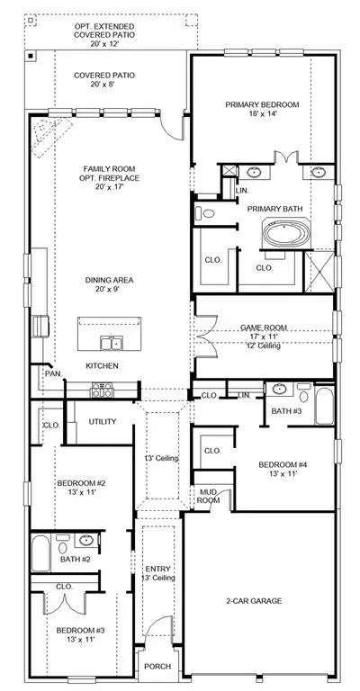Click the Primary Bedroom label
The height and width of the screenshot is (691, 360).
click(x=262, y=105)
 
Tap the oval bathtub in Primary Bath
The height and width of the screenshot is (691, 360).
click(x=286, y=233)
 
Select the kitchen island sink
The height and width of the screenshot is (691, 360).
click(x=112, y=343)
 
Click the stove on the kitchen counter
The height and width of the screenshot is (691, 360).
click(x=102, y=390)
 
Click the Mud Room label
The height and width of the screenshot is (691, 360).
click(x=208, y=497)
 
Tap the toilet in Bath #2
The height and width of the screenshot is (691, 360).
click(x=63, y=545)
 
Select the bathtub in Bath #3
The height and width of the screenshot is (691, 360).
click(x=324, y=406)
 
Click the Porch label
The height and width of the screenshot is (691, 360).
click(x=157, y=667)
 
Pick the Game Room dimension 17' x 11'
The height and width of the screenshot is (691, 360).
click(x=264, y=337)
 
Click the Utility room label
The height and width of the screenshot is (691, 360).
click(x=103, y=422)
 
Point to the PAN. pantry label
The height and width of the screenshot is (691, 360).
click(x=53, y=373)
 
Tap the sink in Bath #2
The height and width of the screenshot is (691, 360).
click(x=86, y=540)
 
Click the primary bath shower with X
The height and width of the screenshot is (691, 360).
click(x=319, y=272)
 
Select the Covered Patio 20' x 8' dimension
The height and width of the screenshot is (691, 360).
click(x=104, y=85)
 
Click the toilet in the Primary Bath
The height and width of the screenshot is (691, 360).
click(x=205, y=214)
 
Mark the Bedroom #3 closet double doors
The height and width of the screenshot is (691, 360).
click(x=65, y=604)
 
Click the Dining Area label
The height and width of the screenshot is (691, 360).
click(x=109, y=281)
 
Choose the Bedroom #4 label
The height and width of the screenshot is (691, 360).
click(x=283, y=464)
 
